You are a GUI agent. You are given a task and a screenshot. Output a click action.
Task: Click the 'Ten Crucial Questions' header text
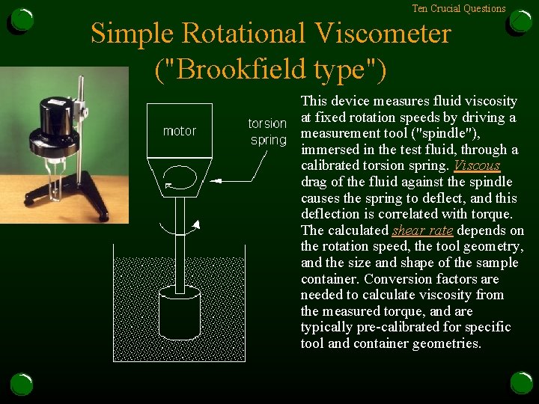(458, 9)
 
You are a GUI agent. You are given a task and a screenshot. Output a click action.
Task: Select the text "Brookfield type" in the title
(271, 70)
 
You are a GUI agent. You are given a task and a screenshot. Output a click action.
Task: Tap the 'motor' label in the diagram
(180, 131)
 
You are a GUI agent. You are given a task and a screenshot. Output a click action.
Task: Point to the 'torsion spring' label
(267, 132)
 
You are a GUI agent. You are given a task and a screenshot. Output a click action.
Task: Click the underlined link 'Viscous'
(477, 165)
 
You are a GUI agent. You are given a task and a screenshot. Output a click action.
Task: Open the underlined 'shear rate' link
(422, 230)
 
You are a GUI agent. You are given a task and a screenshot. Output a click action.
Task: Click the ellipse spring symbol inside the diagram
(180, 177)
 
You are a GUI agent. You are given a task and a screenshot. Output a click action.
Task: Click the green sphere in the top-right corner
(520, 22)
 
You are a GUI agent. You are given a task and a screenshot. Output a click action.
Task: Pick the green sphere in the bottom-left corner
(22, 383)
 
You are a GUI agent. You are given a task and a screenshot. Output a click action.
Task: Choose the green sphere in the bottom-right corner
(521, 382)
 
